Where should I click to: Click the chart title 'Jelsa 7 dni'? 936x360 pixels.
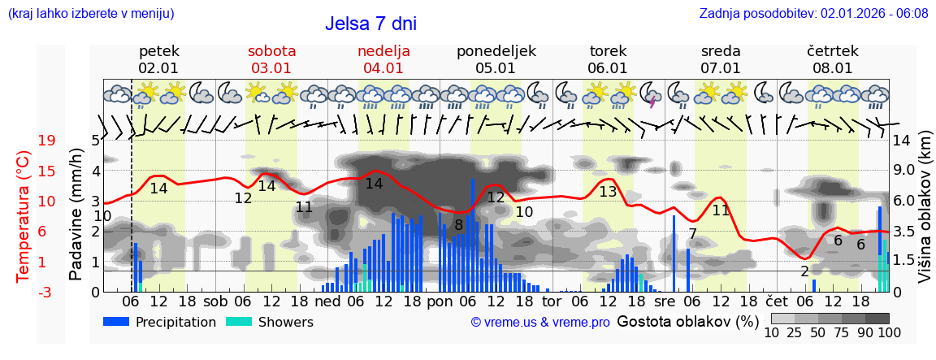click(x=370, y=24)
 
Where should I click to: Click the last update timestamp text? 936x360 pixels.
click(x=813, y=14)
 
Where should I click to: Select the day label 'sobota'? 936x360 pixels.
click(x=271, y=51)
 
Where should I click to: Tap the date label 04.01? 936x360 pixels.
click(x=383, y=68)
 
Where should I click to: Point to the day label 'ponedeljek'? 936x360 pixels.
click(x=496, y=51)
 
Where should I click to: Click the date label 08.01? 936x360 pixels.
click(x=833, y=68)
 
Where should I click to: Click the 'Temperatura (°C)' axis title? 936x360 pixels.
click(x=24, y=216)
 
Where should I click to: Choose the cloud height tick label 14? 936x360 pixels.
click(x=901, y=141)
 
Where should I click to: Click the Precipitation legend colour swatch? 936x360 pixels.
click(x=116, y=322)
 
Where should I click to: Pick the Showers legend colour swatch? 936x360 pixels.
click(x=238, y=322)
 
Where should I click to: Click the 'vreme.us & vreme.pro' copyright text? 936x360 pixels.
click(x=540, y=323)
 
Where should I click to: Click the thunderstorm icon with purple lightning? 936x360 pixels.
click(x=650, y=95)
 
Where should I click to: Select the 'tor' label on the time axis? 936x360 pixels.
click(x=552, y=301)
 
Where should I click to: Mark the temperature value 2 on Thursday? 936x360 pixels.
click(x=804, y=271)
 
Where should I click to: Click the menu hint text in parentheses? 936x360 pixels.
click(x=91, y=14)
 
